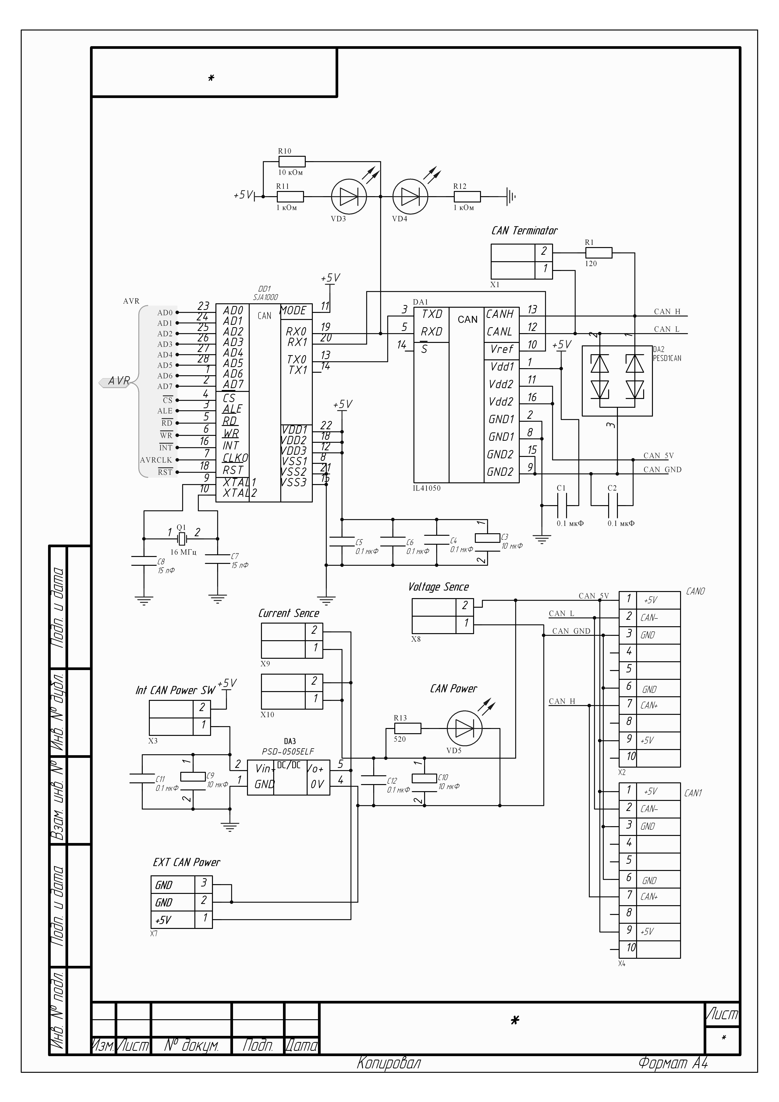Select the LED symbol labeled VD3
click(x=349, y=197)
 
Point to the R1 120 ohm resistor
click(x=599, y=253)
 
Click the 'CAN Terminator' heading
click(x=524, y=231)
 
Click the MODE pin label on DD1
click(x=293, y=311)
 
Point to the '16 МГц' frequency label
click(x=183, y=552)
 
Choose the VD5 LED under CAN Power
click(x=464, y=729)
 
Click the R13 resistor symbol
click(x=407, y=729)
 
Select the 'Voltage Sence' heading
click(x=438, y=587)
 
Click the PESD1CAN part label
click(x=667, y=358)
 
